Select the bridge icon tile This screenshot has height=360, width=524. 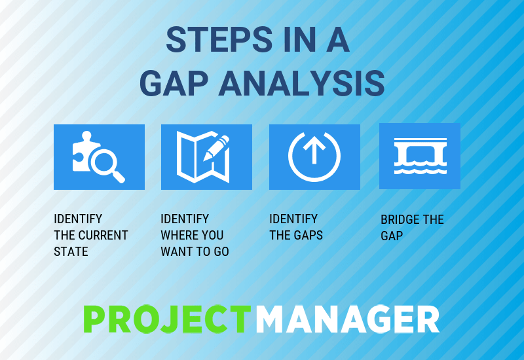[x=420, y=156]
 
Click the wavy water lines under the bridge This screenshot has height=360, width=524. [x=420, y=169]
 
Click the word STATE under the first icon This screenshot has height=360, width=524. [x=71, y=251]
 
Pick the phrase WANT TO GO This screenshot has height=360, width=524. [x=195, y=251]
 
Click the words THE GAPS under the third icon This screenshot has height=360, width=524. [x=296, y=235]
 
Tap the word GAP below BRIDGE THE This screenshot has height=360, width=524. [x=392, y=236]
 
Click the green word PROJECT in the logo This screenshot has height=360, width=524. [x=167, y=320]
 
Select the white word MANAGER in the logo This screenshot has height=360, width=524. [x=347, y=320]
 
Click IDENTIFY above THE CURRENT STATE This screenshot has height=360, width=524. [x=78, y=219]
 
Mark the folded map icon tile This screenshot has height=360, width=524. [x=206, y=157]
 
